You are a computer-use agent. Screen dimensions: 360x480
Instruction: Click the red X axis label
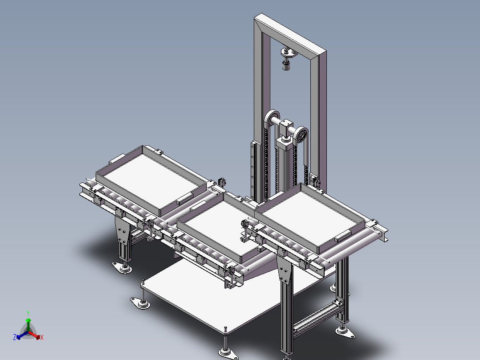[42, 338]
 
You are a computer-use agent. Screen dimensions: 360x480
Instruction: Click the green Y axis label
[28, 313]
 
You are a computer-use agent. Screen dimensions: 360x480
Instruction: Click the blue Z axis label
[15, 337]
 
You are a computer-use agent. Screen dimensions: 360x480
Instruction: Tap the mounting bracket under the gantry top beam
[287, 54]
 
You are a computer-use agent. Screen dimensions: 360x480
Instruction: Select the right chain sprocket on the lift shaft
[301, 134]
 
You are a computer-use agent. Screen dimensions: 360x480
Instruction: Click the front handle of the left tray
[185, 199]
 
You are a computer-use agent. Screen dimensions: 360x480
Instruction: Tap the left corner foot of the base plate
[140, 303]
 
